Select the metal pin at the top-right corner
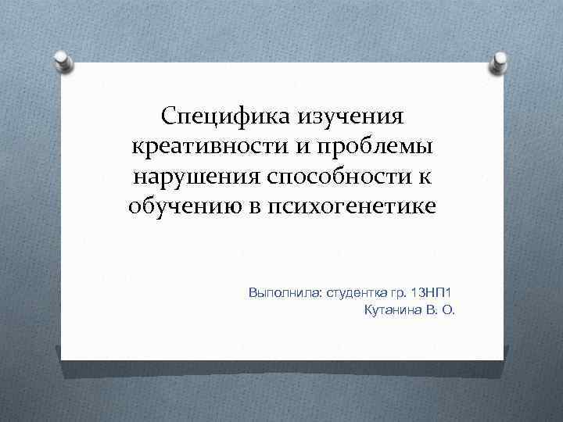point(497,63)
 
